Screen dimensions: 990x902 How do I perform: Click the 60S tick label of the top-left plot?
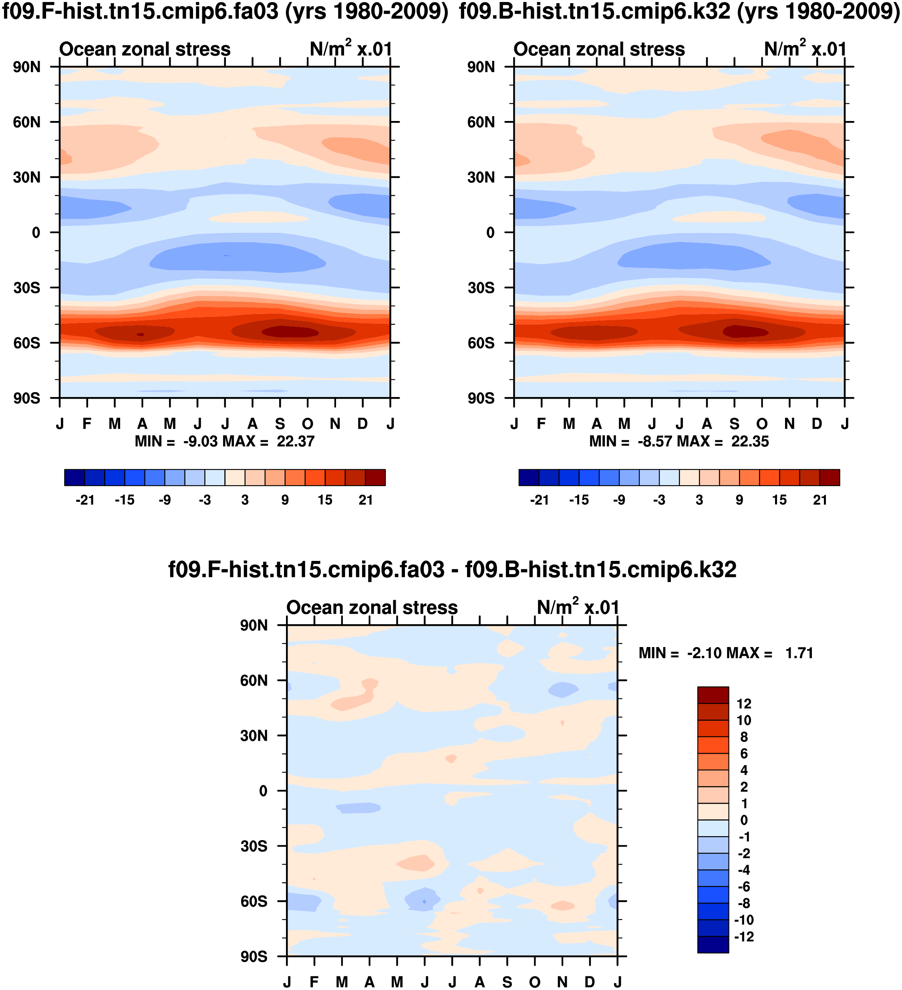point(26,343)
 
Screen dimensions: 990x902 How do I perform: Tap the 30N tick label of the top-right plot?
point(481,177)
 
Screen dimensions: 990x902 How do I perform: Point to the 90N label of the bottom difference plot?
point(254,626)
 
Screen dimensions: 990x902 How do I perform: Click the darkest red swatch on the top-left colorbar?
point(375,477)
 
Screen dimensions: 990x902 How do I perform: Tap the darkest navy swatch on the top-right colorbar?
point(529,477)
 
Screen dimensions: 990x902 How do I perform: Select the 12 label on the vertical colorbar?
point(744,704)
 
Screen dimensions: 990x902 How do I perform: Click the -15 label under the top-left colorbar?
point(124,500)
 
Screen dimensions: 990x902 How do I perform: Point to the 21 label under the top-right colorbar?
point(820,500)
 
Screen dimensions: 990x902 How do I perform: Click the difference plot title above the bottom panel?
point(452,570)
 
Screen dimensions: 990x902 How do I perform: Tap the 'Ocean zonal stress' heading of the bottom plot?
point(372,607)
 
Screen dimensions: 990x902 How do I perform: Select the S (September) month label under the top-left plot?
point(280,423)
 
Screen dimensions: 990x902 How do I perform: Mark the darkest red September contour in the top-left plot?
point(290,332)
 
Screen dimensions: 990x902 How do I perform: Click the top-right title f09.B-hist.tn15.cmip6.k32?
point(679,11)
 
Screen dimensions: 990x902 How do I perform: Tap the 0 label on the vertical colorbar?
point(744,820)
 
